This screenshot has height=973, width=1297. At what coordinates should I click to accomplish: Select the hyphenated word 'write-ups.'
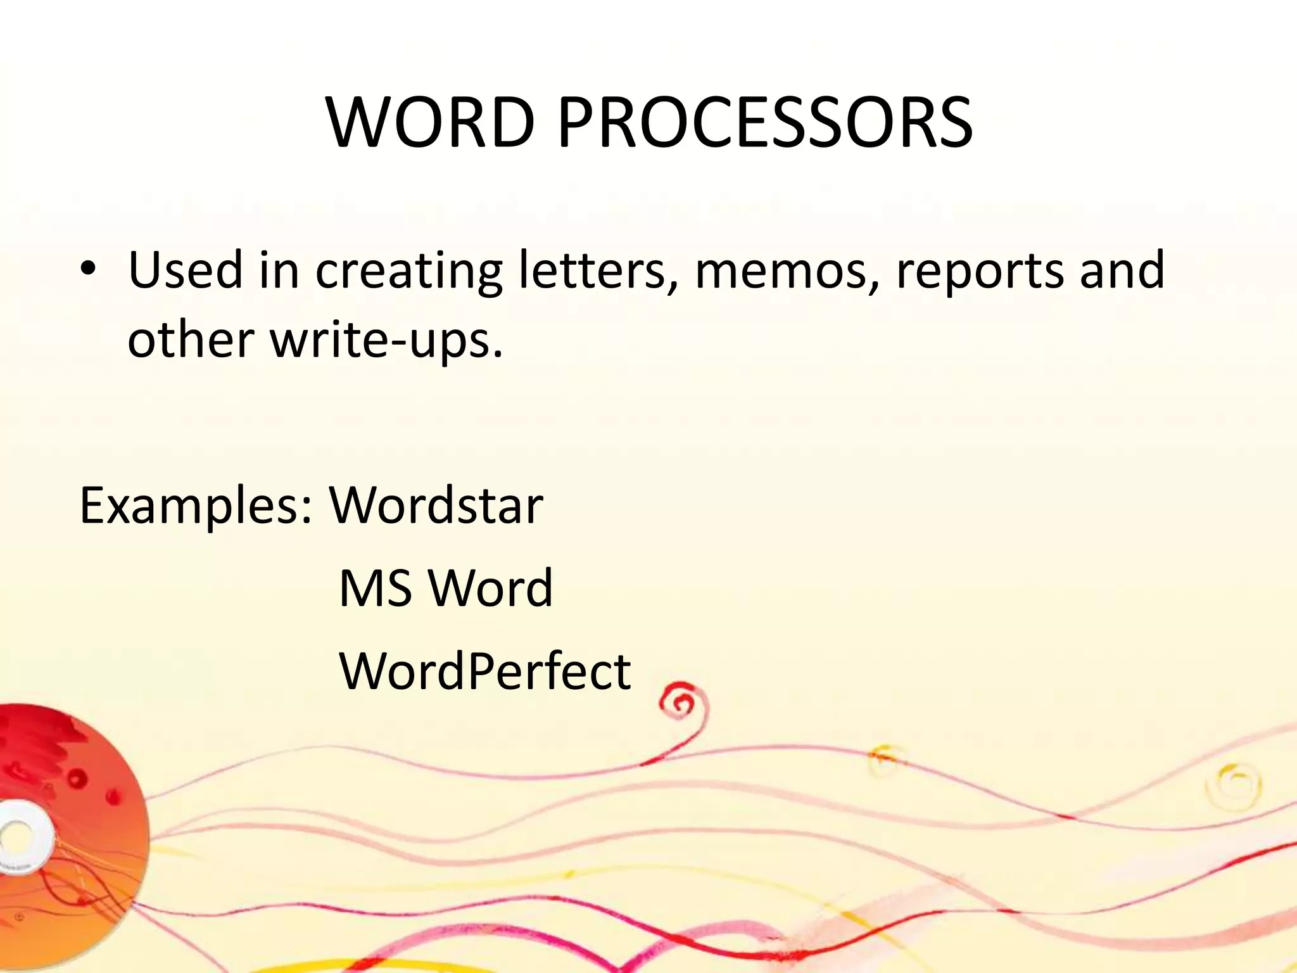coord(386,341)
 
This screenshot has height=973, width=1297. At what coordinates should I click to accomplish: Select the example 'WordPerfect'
coord(485,671)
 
